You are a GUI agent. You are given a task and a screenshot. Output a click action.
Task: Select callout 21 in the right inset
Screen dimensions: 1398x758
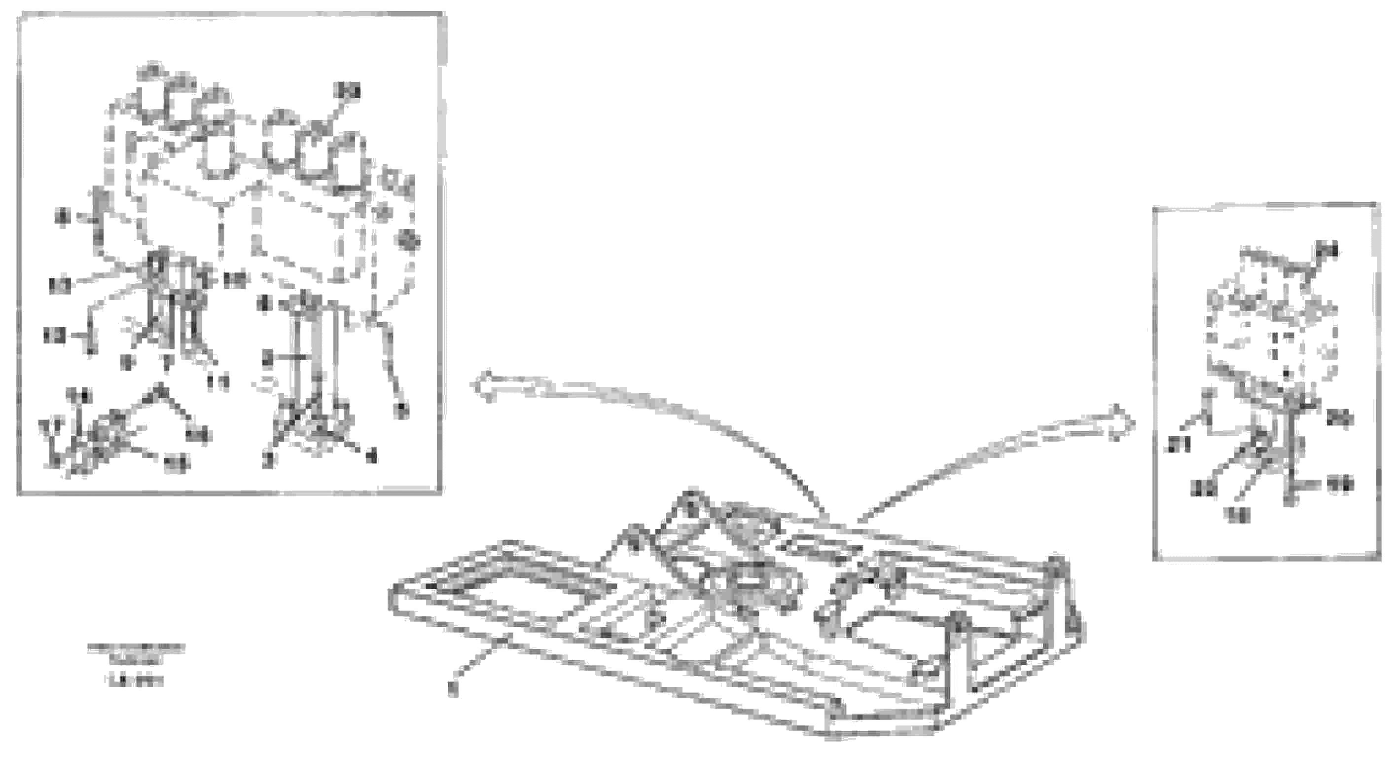pyautogui.click(x=1178, y=445)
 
